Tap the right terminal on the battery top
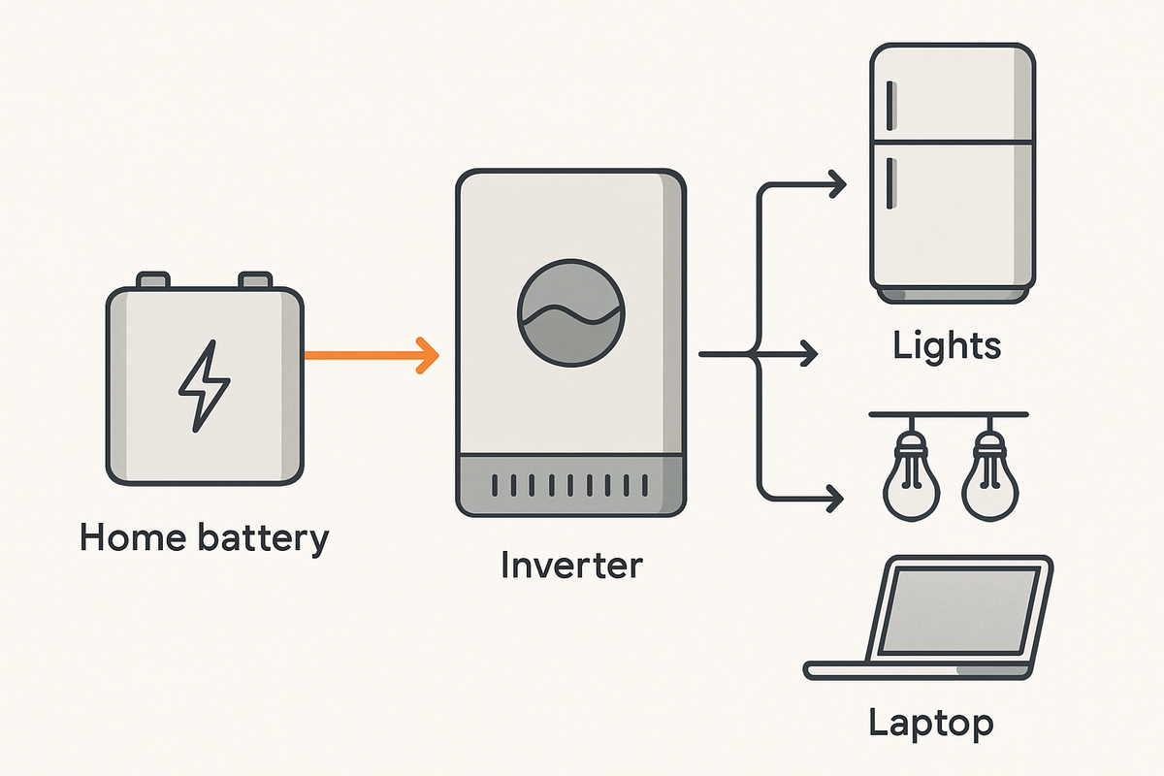255,280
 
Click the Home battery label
205,536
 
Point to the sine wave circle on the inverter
572,310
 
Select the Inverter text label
571,565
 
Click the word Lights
947,346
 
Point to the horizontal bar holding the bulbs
948,415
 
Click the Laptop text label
930,723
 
